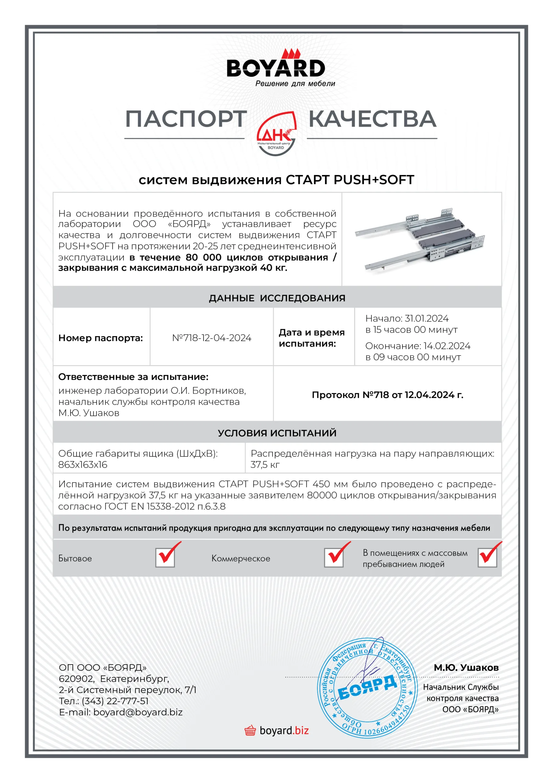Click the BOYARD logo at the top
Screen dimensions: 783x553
tap(276, 68)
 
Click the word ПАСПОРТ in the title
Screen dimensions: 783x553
tap(186, 119)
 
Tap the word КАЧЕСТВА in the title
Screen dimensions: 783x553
tap(372, 119)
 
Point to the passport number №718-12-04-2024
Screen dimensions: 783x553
tap(212, 338)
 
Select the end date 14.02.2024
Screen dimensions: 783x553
tap(447, 346)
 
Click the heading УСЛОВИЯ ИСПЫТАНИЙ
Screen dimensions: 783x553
tap(277, 433)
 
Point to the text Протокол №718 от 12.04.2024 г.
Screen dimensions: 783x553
tap(387, 395)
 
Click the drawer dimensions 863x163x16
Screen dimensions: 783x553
tap(83, 465)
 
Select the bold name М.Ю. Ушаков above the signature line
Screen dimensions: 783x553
tap(466, 668)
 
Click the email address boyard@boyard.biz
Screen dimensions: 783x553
tap(138, 712)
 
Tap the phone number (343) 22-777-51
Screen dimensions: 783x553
tap(115, 701)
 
